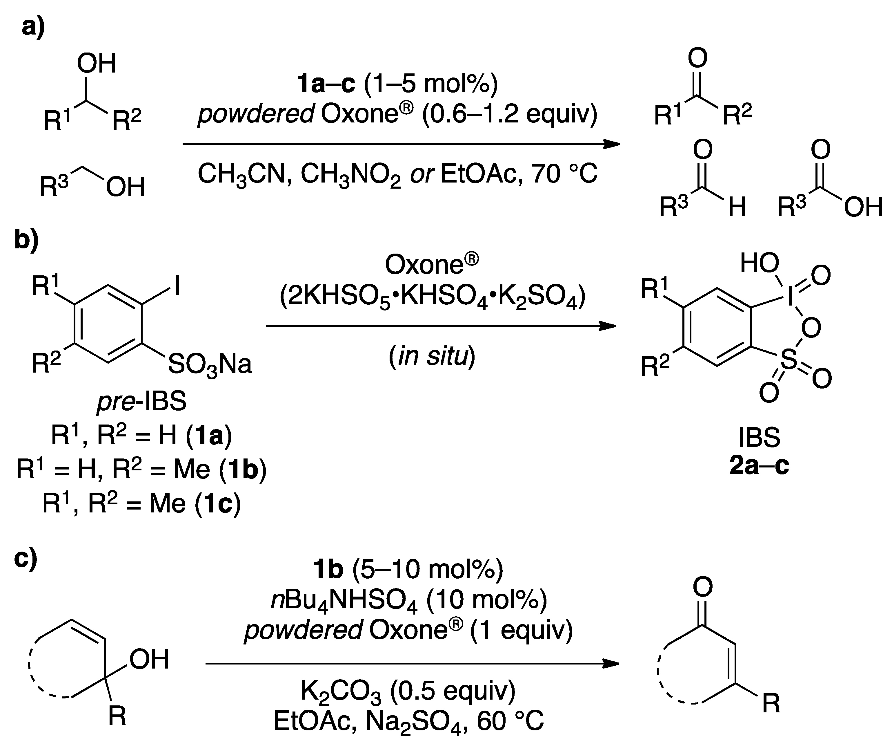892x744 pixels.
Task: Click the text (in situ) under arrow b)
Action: tap(432, 356)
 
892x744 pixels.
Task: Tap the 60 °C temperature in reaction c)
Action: tap(509, 721)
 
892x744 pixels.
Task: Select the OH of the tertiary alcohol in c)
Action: tap(149, 659)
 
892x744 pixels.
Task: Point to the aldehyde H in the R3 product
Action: tap(737, 207)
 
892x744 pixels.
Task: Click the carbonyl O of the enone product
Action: tap(703, 587)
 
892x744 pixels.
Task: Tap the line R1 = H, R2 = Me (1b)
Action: tap(141, 469)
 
